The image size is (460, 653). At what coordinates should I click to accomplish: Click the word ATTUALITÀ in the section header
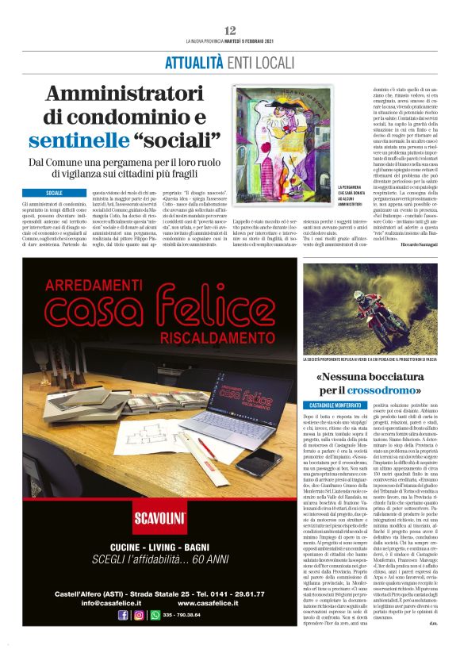pyautogui.click(x=191, y=62)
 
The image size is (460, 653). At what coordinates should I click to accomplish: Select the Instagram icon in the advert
pyautogui.click(x=139, y=636)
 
